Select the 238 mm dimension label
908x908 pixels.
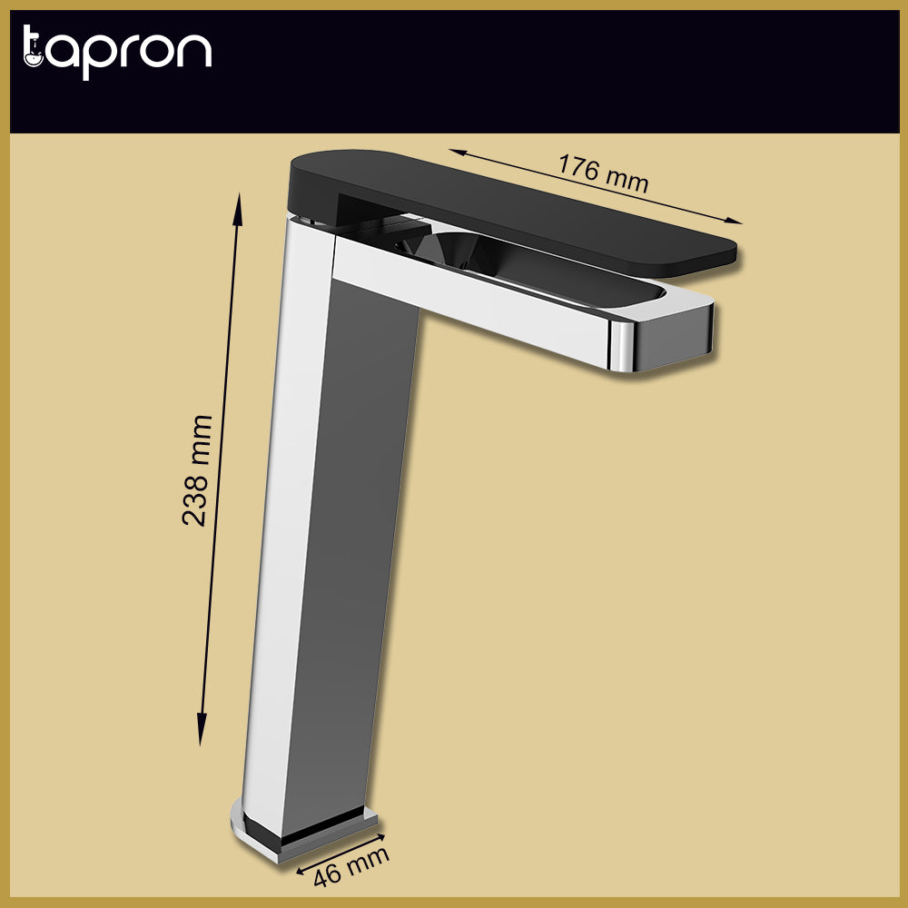coord(197,470)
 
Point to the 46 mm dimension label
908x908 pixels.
coord(350,867)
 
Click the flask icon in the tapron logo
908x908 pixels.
coord(33,51)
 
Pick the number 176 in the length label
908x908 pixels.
coord(577,168)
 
